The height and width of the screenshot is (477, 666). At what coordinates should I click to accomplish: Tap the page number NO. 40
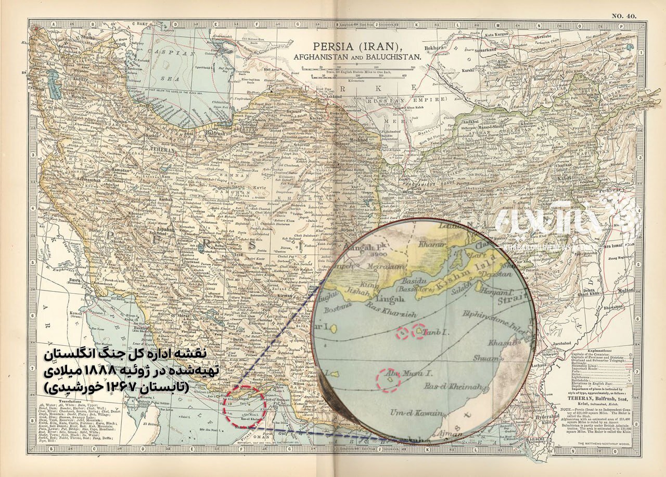(624, 16)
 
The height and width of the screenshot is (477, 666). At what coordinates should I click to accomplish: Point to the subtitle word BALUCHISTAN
(394, 55)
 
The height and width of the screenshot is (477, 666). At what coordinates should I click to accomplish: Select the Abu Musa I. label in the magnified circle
(401, 372)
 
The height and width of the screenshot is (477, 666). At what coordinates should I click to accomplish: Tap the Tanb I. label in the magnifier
(435, 332)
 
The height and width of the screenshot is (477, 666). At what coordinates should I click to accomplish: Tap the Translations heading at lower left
(58, 402)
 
